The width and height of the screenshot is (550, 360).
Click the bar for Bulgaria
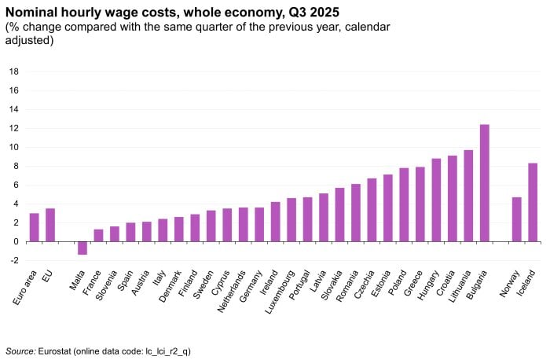[485, 183]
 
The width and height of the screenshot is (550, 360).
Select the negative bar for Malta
[82, 248]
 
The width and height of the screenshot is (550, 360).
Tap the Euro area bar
[34, 227]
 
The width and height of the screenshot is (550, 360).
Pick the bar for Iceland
[533, 202]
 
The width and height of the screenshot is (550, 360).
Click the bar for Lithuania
[468, 196]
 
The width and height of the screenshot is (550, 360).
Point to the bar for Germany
[259, 224]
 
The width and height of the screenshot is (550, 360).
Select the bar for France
[98, 235]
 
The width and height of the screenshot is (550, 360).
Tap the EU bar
[50, 225]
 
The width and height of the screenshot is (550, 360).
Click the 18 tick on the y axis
[13, 72]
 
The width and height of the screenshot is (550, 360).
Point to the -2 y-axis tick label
[13, 260]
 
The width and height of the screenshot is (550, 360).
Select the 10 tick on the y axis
[13, 147]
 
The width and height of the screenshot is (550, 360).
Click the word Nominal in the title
[34, 11]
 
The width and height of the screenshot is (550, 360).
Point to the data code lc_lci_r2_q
[163, 351]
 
